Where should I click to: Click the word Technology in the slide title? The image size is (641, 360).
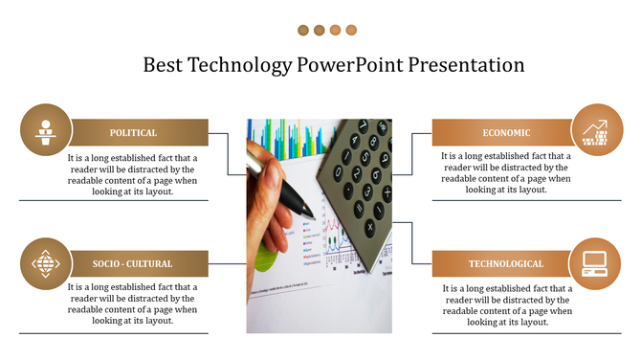point(239,66)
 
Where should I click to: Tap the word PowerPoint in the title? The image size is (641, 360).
point(350,66)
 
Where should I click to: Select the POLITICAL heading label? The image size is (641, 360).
point(133,133)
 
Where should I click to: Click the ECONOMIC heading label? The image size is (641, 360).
point(506,133)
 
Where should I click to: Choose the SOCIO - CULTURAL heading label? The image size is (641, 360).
point(133,263)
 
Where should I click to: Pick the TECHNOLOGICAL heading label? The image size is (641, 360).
point(505,263)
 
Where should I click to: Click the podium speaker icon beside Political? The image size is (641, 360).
point(44,129)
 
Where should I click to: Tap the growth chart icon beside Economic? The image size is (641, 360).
point(596,129)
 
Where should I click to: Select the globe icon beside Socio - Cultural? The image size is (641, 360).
point(45,262)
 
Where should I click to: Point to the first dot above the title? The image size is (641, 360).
point(303,31)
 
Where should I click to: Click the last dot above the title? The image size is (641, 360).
point(351,31)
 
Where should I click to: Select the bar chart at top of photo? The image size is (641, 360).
point(287,139)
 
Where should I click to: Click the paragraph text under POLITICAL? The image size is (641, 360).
point(132,173)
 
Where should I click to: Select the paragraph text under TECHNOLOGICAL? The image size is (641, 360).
point(506,304)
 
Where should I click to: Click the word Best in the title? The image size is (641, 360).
point(164,66)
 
